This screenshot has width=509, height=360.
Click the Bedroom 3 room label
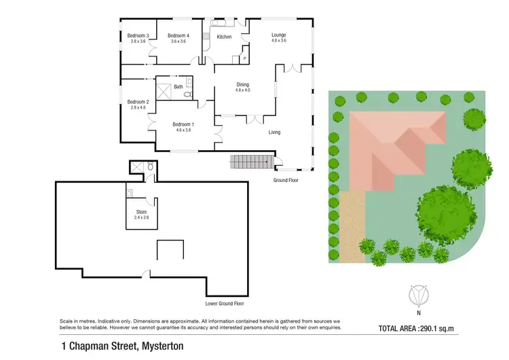[138, 35]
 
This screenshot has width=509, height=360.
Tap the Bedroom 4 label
[178, 35]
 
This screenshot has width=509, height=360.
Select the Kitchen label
[224, 37]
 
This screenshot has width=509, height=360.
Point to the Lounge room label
[278, 35]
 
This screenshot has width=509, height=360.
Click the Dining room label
[242, 84]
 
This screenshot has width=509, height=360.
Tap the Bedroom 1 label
[183, 124]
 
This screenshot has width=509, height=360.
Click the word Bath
[178, 86]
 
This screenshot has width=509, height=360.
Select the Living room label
[274, 132]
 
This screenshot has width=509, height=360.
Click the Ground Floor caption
[285, 180]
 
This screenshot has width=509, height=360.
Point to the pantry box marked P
[244, 59]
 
